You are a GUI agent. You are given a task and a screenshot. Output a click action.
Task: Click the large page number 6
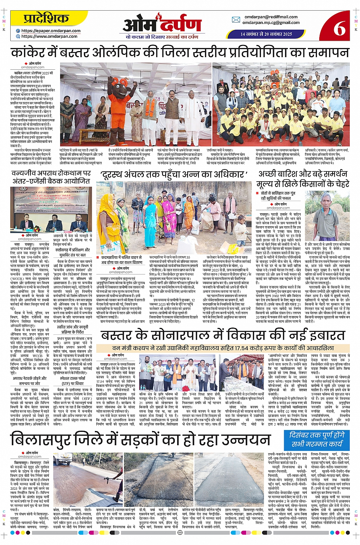click(339, 28)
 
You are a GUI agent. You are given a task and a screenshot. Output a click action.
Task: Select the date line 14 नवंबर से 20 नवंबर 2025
click(266, 34)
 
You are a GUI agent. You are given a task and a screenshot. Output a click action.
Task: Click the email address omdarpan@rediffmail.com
click(271, 17)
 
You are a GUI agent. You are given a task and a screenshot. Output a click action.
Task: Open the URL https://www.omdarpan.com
click(49, 37)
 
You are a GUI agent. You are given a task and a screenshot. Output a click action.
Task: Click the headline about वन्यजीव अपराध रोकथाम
click(51, 177)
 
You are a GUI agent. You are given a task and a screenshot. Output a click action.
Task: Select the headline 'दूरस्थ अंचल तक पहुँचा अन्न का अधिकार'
click(174, 174)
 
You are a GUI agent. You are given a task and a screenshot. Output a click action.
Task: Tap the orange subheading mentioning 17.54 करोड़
click(223, 348)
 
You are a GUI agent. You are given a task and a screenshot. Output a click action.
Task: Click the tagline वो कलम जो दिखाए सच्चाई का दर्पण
click(162, 37)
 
